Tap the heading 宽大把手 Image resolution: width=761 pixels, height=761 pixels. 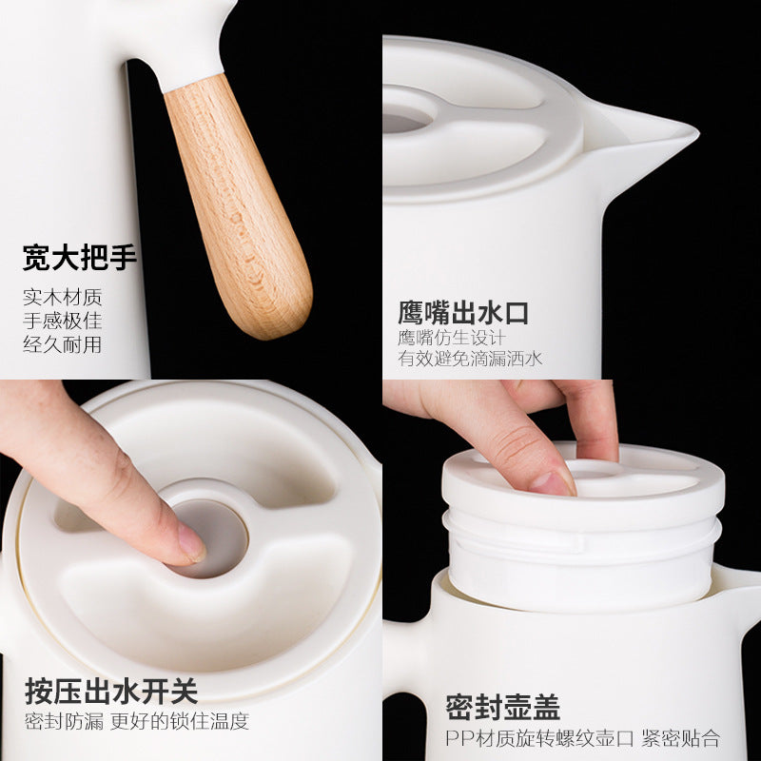click(x=80, y=258)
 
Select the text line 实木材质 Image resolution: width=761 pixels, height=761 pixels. click(x=63, y=297)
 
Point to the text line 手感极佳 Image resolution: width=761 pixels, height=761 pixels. click(x=63, y=321)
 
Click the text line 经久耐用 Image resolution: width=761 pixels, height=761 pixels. click(x=63, y=344)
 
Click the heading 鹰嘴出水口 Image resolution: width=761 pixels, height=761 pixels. click(x=463, y=313)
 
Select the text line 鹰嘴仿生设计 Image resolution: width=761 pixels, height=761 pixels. click(x=452, y=338)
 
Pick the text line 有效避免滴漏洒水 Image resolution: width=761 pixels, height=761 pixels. click(x=470, y=360)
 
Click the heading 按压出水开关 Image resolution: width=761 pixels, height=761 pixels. click(x=111, y=691)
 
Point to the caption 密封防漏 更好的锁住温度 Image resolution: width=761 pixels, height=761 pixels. click(x=137, y=720)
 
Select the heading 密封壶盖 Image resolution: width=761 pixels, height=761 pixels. click(x=503, y=707)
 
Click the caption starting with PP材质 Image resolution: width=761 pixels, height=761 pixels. click(x=582, y=738)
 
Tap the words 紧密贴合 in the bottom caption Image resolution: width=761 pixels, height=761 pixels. click(x=681, y=738)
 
